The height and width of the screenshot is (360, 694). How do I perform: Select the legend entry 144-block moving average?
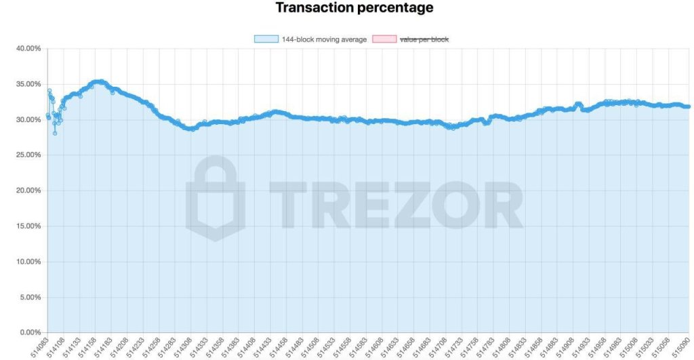[324, 39]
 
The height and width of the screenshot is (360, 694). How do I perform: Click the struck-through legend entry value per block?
[424, 39]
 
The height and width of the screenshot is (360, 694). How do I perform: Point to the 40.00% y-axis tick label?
[28, 49]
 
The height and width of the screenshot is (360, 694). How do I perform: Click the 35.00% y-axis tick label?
[28, 84]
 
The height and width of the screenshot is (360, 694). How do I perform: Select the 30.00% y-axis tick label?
[28, 120]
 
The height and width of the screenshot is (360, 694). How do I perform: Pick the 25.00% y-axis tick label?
[28, 155]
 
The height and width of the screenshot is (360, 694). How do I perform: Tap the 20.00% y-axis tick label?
[28, 191]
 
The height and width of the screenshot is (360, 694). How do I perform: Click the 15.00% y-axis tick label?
[28, 226]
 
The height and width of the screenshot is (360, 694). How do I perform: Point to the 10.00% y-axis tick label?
[28, 262]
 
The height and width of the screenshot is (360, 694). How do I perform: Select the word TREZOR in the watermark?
[396, 201]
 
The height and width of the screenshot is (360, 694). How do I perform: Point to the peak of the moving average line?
[99, 81]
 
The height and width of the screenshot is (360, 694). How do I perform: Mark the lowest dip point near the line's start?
[55, 133]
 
